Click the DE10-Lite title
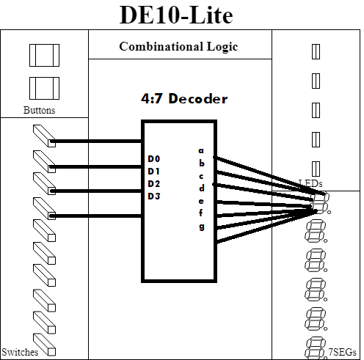coord(176,15)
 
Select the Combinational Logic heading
coord(178,46)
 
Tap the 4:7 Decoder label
coord(184,99)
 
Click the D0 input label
coord(154,159)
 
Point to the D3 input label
coord(154,196)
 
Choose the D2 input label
coord(154,183)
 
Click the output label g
coord(201,227)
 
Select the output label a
coord(201,150)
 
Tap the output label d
coord(201,188)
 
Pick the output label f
coord(201,213)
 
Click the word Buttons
coord(39,110)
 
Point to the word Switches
coord(20,352)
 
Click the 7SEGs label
coord(342,352)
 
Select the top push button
coord(44,55)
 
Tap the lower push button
coord(44,89)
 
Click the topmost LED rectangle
coord(316,51)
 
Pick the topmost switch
coord(44,136)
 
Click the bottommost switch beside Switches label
coord(44,345)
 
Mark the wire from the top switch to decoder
coord(96,142)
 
